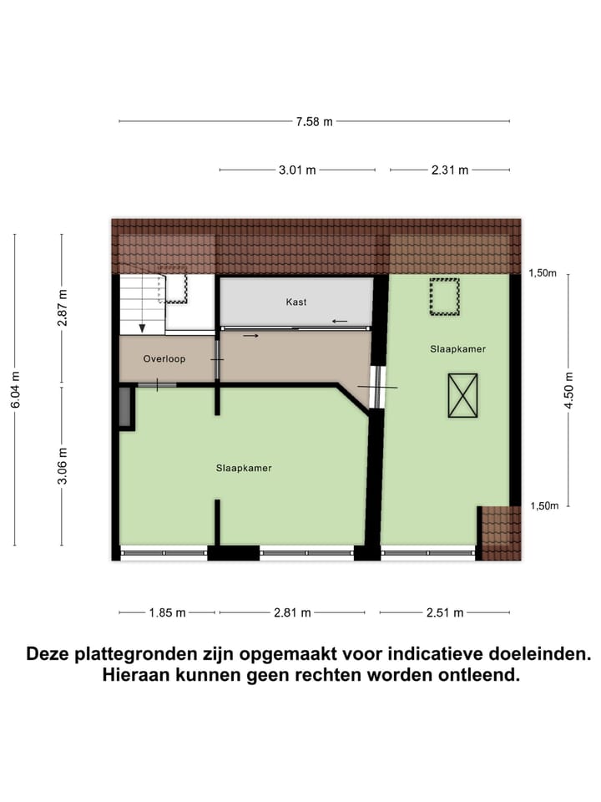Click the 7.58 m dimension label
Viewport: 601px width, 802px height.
pos(314,122)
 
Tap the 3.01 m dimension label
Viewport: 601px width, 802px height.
pos(297,170)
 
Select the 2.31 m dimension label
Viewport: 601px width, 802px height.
pos(450,170)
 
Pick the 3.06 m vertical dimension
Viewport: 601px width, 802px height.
pos(62,466)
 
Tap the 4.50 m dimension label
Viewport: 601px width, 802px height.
pos(570,388)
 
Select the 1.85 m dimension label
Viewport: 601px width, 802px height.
pos(167,612)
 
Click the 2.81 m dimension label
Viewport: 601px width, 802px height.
pos(292,612)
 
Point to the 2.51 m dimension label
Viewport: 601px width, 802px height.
pos(445,612)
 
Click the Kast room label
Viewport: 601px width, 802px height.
pos(295,302)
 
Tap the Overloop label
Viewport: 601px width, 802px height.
pos(164,358)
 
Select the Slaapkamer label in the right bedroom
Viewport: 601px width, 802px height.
pos(458,348)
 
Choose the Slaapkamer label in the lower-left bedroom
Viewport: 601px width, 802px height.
pos(244,468)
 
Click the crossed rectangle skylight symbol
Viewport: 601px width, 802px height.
pos(462,396)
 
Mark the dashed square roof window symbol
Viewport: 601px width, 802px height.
pos(444,297)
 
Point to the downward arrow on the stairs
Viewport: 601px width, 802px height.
pos(143,327)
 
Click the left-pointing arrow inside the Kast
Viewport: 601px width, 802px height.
pos(339,321)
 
